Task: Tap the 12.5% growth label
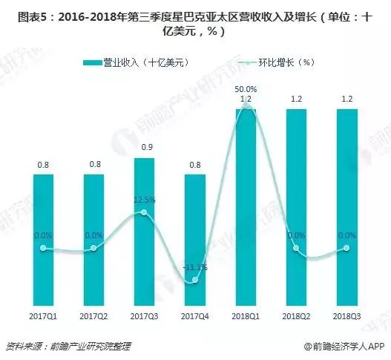[x=145, y=200]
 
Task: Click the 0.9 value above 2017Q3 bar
[x=145, y=146]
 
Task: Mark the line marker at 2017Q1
[x=43, y=248]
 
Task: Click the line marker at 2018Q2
[x=297, y=248]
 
